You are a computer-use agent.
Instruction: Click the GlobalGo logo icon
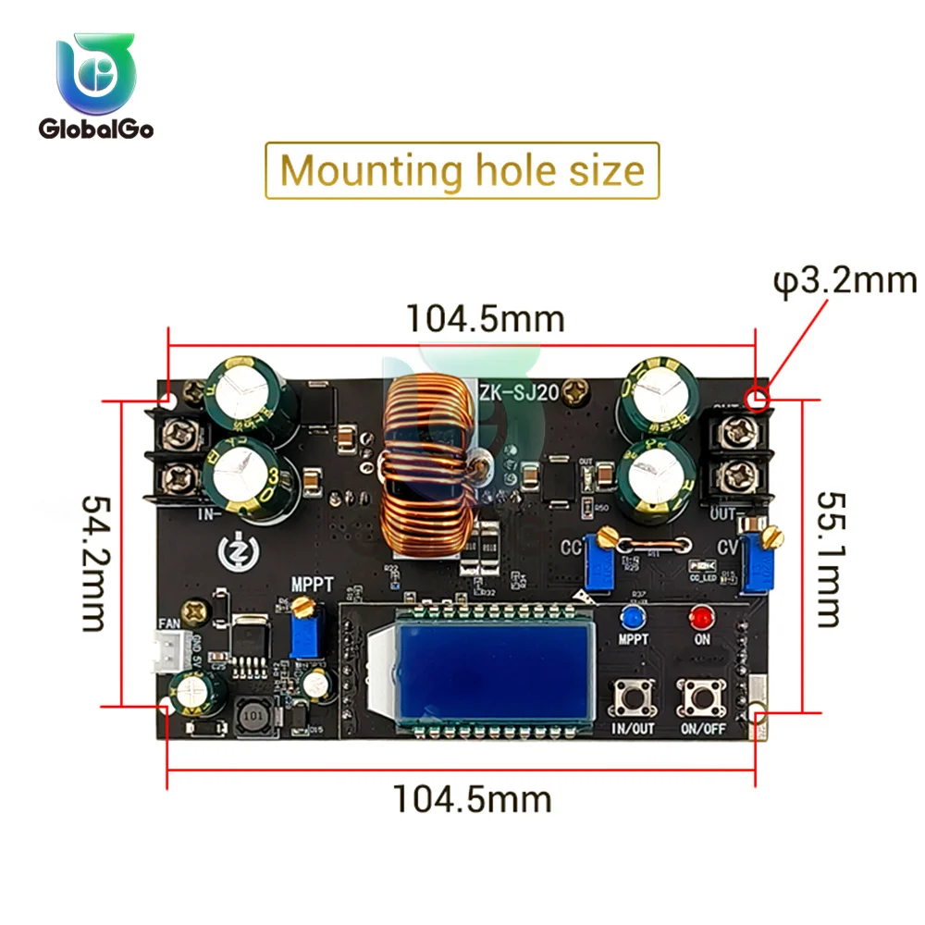96,74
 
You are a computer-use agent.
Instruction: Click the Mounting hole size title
462,171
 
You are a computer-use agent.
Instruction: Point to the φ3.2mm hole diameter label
845,279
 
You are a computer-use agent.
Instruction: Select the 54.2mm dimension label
96,562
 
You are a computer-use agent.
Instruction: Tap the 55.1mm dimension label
830,558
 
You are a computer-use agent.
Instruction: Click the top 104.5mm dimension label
486,318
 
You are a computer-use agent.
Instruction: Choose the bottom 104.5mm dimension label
473,797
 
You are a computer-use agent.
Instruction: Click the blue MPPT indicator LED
632,617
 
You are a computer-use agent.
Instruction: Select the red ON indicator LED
700,617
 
